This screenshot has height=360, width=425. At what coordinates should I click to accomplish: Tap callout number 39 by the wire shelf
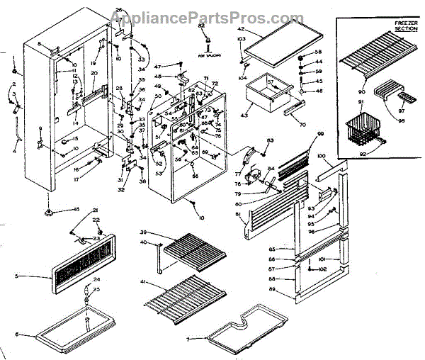tap(143, 233)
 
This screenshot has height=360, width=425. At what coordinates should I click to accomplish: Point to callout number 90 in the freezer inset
tap(361, 91)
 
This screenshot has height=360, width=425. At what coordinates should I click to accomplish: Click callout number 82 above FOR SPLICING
tap(202, 26)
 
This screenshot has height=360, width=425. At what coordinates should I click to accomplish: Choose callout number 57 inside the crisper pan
tap(270, 83)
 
